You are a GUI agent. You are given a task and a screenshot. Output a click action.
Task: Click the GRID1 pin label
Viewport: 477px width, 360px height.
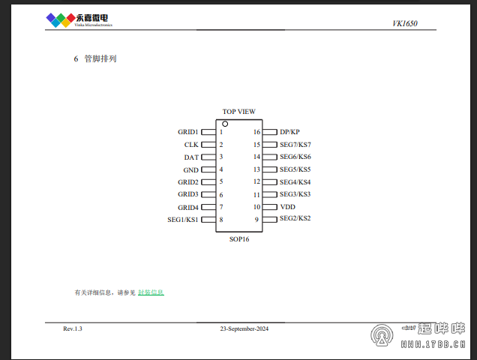point(188,132)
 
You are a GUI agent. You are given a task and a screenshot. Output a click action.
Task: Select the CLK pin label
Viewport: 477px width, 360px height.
point(191,145)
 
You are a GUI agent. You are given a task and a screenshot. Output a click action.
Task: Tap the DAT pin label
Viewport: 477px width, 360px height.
point(191,157)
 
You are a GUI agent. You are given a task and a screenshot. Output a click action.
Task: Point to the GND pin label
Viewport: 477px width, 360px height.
point(190,170)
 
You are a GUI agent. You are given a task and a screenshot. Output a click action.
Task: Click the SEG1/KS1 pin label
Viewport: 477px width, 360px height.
point(183,220)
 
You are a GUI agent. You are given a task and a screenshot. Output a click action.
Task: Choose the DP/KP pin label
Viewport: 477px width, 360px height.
point(289,132)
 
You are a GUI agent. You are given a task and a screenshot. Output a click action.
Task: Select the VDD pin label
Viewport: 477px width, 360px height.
point(288,207)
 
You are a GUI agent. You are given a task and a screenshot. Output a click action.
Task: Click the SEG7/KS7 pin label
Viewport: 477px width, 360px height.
point(295,145)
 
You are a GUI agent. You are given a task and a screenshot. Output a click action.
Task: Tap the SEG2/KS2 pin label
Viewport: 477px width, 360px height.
point(295,218)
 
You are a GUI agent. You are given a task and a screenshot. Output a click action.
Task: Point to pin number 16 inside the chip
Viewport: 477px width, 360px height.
point(256,132)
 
